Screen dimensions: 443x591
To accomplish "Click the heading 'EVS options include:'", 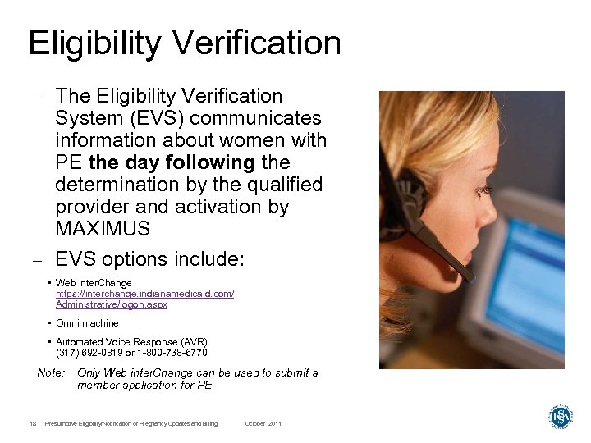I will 149,259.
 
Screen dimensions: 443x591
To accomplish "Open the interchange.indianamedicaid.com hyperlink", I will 144,293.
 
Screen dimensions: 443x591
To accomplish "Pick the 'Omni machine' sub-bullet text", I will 87,323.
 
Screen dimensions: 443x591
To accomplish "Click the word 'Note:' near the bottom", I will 51,373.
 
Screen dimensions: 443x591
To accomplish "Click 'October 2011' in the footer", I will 263,423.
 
